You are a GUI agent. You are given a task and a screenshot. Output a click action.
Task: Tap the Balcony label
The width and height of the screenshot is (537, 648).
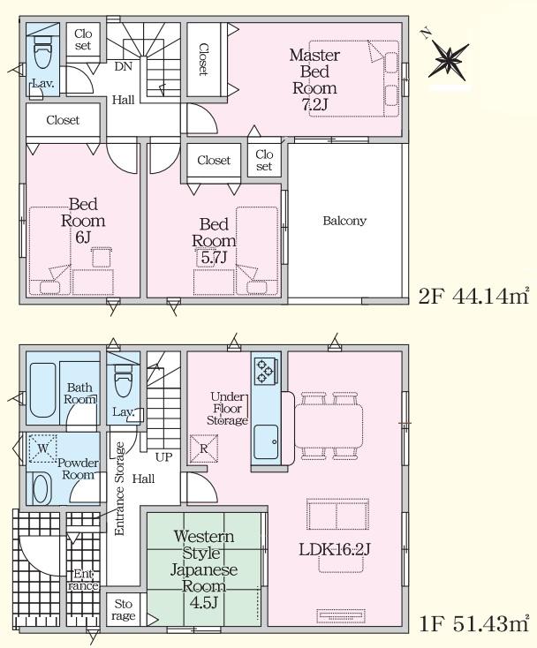tap(344, 221)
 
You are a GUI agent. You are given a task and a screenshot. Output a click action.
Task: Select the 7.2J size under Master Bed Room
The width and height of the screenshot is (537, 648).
tap(314, 104)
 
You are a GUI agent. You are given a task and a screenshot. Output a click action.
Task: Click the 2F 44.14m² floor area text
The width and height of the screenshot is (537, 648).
tap(473, 297)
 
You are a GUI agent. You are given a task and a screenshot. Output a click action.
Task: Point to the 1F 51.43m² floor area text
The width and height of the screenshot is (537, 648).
tap(473, 623)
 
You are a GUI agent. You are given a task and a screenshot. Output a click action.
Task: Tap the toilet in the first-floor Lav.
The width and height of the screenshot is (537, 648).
tap(123, 381)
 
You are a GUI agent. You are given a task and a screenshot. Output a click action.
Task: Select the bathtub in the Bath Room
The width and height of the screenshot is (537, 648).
tap(43, 390)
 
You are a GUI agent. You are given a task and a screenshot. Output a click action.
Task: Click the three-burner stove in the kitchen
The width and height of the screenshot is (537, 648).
tap(265, 370)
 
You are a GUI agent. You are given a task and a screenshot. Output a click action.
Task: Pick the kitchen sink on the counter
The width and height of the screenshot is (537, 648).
tap(266, 441)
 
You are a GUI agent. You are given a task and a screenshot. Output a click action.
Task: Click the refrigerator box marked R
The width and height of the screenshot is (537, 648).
tap(204, 448)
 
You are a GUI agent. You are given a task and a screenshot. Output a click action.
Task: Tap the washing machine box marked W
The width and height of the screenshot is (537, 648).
tap(43, 448)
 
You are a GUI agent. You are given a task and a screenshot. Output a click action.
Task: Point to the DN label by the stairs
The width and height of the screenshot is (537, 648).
tap(123, 66)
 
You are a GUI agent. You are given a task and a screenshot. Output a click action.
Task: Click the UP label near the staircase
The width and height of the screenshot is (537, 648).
tap(164, 457)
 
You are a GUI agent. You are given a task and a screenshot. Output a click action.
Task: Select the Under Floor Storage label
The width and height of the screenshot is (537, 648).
tap(228, 408)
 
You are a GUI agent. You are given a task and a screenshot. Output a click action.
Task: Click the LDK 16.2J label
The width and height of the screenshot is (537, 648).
tap(334, 549)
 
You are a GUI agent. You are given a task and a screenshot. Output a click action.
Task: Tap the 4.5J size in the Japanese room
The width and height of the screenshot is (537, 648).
tap(203, 603)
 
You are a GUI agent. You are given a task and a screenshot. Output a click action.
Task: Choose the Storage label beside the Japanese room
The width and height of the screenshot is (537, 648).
tap(123, 610)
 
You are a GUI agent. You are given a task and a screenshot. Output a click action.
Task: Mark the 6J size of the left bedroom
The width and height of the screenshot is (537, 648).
tap(83, 237)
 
